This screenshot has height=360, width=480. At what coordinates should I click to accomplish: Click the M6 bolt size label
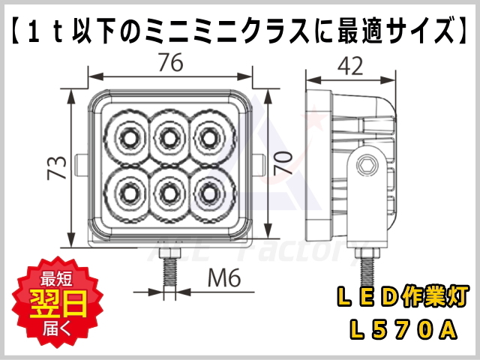[222, 280]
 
